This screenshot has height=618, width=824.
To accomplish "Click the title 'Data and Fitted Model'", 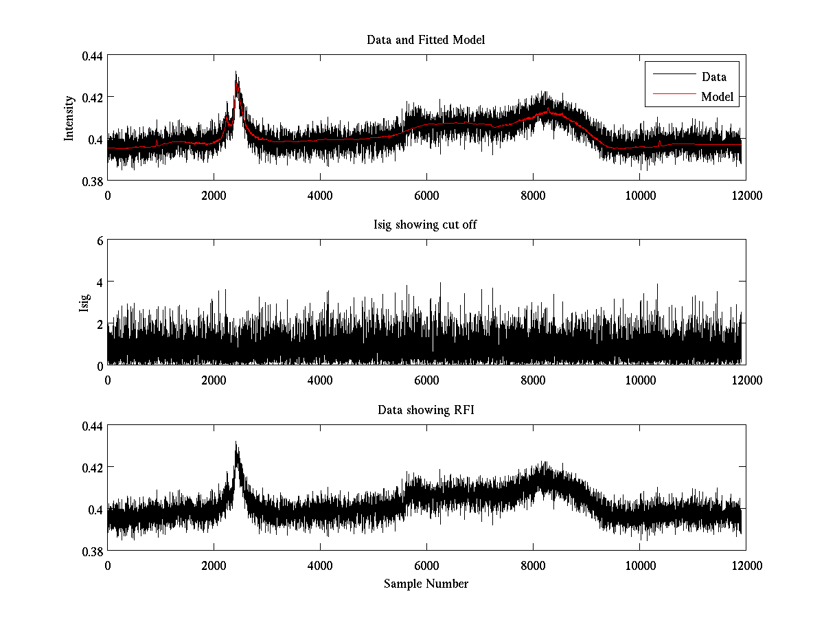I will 426,40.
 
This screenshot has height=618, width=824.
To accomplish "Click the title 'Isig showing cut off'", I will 426,225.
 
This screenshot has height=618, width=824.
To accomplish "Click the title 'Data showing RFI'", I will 426,411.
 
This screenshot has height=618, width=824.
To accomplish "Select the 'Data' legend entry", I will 713,77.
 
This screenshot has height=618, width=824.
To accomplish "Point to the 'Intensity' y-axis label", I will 69,118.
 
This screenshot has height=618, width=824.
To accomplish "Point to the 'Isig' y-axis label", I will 84,303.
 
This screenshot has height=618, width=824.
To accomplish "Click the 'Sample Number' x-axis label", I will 426,584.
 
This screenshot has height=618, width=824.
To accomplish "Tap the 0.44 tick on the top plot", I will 93,56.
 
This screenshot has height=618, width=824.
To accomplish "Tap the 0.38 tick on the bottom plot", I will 93,551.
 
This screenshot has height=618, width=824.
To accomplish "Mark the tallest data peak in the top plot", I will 236,71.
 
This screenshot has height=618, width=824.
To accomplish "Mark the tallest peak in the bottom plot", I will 236,442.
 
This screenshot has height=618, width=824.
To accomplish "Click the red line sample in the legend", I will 673,97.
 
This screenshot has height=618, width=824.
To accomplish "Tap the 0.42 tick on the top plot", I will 93,98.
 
